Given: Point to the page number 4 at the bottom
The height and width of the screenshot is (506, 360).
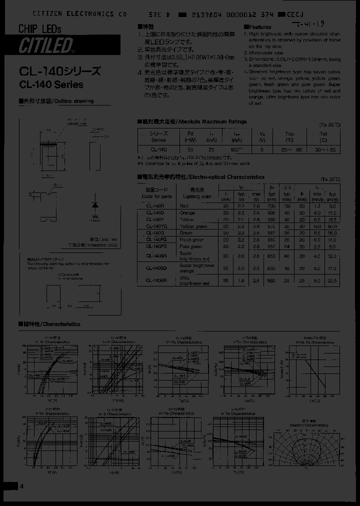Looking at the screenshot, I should pyautogui.click(x=21, y=487).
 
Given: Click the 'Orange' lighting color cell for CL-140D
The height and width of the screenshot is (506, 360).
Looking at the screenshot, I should pyautogui.click(x=188, y=212).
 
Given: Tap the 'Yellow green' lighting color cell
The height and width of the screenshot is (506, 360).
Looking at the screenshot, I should pyautogui.click(x=193, y=226).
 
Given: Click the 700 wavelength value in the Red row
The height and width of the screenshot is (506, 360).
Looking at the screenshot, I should pyautogui.click(x=272, y=205).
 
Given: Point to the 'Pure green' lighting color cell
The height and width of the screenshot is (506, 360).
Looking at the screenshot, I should pyautogui.click(x=191, y=246).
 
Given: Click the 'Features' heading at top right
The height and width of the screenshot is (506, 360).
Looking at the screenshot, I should pyautogui.click(x=259, y=27).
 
